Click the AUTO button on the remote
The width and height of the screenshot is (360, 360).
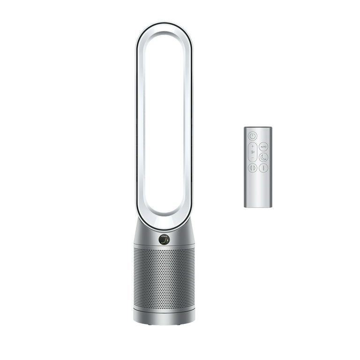point(263,146)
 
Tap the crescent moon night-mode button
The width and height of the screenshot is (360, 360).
point(263,157)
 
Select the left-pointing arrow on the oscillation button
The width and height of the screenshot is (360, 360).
point(250,168)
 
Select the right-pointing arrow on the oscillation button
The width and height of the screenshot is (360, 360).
point(255,168)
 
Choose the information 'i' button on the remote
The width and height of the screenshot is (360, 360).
point(263,168)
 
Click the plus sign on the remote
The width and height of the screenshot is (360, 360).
point(253,146)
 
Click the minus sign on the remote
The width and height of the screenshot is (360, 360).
point(253,158)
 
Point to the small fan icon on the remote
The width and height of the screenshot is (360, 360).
point(253,152)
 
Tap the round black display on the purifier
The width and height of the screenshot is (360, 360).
point(164,240)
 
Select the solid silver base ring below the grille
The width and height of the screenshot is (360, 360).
point(164,316)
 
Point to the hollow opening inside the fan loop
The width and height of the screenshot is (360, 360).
point(164,122)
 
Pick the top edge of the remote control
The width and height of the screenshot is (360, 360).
point(258,127)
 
